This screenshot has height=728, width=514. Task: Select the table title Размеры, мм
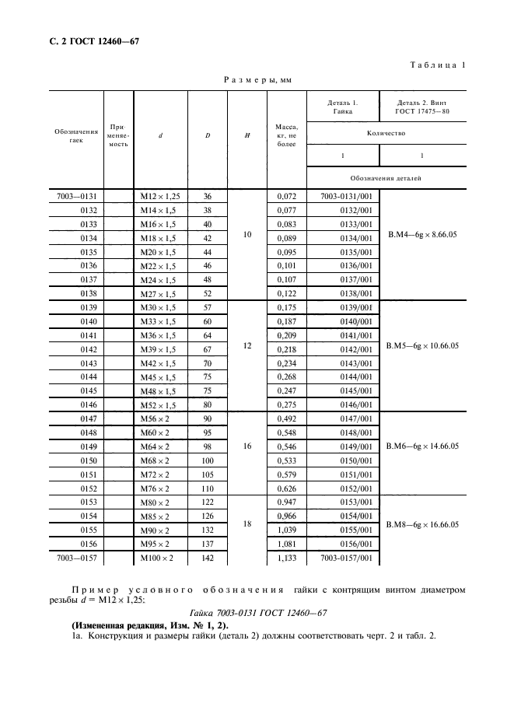click(x=257, y=79)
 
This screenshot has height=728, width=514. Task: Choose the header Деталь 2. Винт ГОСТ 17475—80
click(x=422, y=107)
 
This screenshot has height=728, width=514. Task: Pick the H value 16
click(x=247, y=446)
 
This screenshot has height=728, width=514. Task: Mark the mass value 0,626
click(x=287, y=488)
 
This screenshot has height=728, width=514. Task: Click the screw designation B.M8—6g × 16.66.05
click(x=422, y=524)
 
